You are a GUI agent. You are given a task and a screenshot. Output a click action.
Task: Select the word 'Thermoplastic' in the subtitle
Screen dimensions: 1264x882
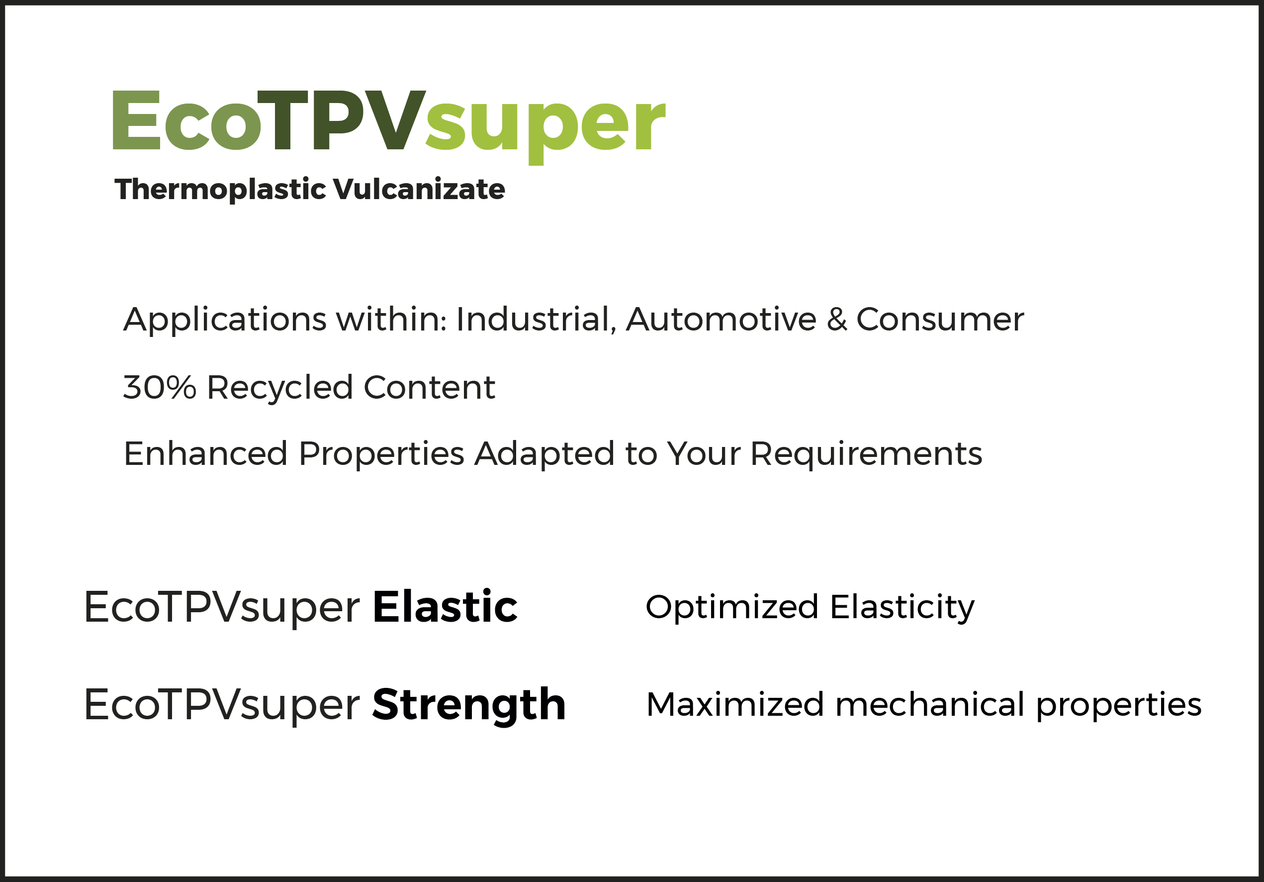[x=220, y=190]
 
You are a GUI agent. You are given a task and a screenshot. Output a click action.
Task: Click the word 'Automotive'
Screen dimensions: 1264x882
[x=721, y=320]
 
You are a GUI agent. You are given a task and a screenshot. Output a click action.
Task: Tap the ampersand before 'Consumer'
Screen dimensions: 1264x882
[x=837, y=320]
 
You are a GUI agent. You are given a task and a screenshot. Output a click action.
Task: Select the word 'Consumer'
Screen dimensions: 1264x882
[x=940, y=320]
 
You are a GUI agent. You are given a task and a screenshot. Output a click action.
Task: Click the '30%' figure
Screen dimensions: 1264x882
[x=160, y=387]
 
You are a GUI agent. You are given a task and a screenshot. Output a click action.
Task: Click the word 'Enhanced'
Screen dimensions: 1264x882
[x=205, y=454]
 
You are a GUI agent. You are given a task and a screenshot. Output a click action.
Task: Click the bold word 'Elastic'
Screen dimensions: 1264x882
[x=445, y=607]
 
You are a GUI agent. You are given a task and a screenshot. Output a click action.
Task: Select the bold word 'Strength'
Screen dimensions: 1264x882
[x=469, y=706]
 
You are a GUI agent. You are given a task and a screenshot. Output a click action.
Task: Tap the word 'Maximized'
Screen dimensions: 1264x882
[x=735, y=705]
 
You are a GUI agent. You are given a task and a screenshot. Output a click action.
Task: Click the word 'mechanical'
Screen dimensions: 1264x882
[x=930, y=705]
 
